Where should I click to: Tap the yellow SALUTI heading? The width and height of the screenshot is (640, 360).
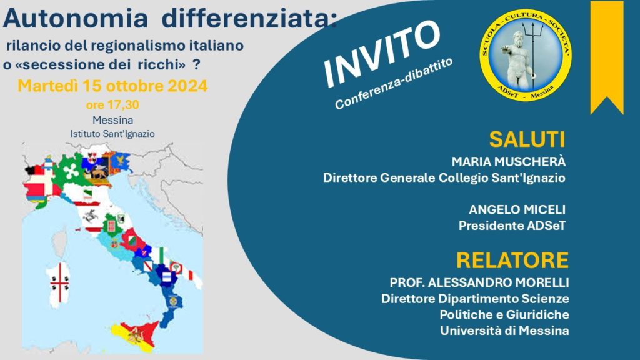point(527,139)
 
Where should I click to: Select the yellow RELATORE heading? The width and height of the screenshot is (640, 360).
point(512,260)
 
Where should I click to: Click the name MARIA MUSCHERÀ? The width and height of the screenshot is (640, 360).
point(509,162)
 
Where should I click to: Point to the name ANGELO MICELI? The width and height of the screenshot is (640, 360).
point(517,210)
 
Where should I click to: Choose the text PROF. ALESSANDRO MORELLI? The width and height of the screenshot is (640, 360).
point(479,282)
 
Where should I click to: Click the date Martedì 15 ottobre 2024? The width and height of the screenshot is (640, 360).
point(112,86)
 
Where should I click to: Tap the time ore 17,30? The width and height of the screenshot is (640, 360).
point(112,105)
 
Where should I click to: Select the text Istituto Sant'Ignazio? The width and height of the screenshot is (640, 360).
point(112,134)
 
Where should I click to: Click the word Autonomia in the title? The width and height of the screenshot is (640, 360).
point(75,19)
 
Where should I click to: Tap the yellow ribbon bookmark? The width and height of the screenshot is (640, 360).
point(607,57)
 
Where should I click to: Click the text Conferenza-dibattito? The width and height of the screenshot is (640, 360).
point(394,84)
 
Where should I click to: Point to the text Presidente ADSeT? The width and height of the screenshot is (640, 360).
point(512,226)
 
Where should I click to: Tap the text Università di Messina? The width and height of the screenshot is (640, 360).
point(504,331)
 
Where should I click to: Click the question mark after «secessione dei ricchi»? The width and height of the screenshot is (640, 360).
point(196,64)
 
